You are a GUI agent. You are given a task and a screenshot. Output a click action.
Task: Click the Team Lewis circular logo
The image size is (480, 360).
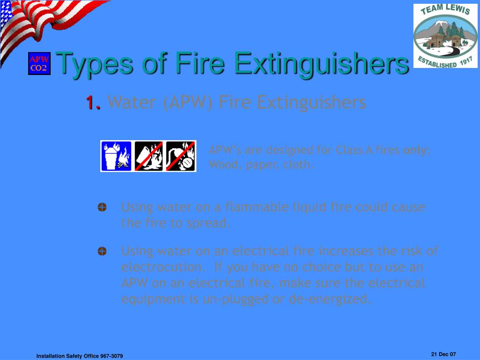point(445,36)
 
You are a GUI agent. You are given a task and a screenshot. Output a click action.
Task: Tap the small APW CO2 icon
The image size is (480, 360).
point(38,64)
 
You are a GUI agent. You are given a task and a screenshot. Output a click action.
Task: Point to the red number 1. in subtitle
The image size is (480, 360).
point(93,102)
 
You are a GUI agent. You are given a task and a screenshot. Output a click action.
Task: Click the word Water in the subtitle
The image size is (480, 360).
point(133,102)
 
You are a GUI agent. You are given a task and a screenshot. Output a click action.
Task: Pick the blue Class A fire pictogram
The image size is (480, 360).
point(117,156)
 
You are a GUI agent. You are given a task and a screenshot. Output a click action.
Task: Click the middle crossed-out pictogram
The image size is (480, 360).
point(149,156)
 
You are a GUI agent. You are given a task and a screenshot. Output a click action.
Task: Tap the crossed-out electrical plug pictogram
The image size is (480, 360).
point(180,156)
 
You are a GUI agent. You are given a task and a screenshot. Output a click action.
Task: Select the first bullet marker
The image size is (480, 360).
point(102,207)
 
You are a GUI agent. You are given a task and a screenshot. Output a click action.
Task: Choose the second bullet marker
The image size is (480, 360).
point(102,252)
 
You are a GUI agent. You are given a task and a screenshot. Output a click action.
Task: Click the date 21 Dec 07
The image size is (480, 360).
point(443,354)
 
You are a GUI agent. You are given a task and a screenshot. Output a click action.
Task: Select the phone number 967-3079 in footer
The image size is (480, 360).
point(112,356)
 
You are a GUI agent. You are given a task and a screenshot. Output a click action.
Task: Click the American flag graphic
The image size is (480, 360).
point(42,23)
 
